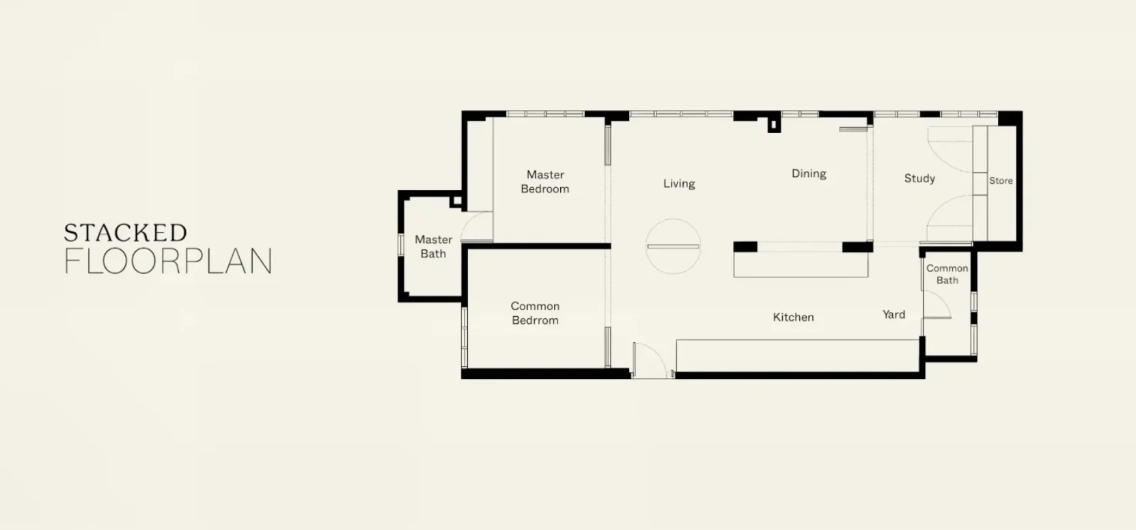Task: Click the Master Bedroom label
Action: point(545,182)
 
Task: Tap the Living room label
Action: point(679,183)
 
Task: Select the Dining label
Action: point(809,173)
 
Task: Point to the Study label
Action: point(919,178)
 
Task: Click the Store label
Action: point(1001,180)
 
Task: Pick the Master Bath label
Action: point(434,247)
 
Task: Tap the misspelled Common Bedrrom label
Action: point(535,313)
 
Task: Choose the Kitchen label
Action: point(793,317)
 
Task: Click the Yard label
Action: point(893,314)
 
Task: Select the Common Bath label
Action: point(947,274)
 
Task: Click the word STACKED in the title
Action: point(125,233)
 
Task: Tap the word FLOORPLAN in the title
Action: point(168,261)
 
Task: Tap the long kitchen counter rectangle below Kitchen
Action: point(798,356)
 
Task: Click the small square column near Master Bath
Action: point(456,201)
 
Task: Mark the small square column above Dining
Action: point(774,125)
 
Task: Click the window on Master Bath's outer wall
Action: point(401,245)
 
